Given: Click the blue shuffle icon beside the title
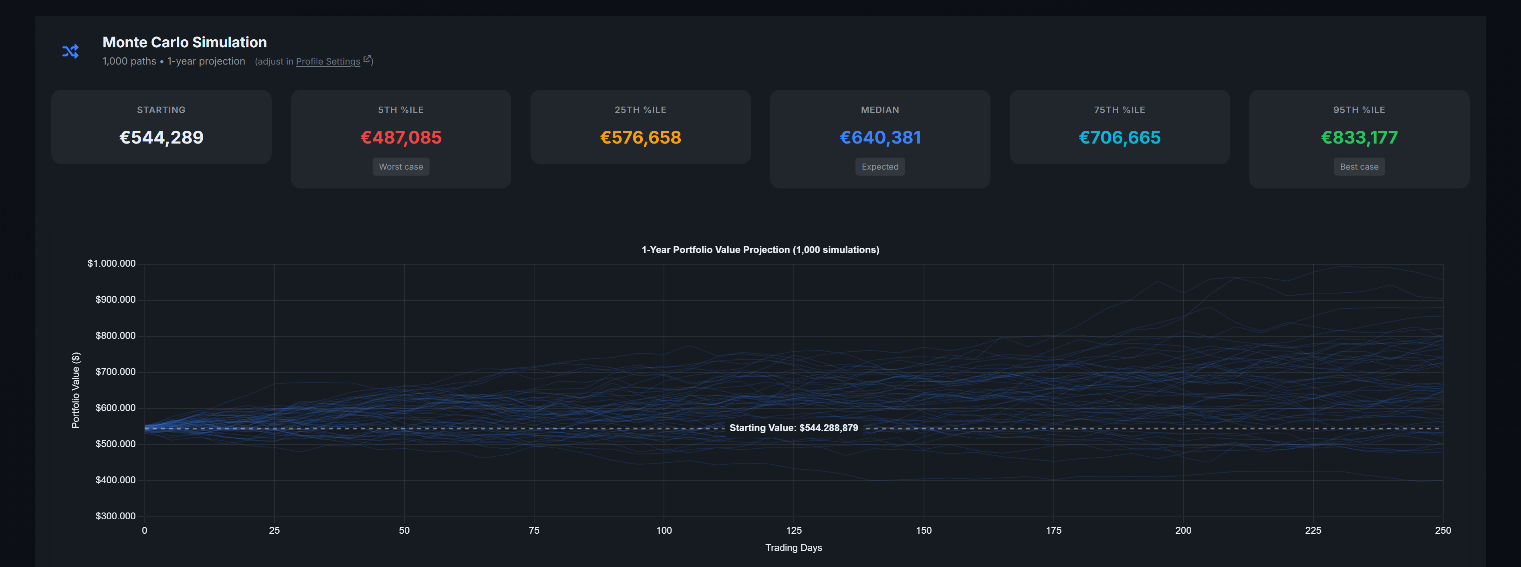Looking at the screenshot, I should (70, 51).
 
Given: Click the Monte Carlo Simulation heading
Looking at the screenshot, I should (184, 43).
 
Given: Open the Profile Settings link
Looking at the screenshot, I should (328, 61).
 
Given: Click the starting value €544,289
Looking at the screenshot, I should (161, 138).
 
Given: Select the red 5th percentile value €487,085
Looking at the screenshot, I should (401, 138).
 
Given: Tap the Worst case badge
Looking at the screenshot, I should (401, 166).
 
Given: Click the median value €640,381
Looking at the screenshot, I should (880, 138).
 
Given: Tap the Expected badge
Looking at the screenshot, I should (880, 166).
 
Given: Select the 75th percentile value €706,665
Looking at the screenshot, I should (1120, 138).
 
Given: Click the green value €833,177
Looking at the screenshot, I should (1359, 138).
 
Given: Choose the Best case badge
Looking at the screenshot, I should (1359, 166).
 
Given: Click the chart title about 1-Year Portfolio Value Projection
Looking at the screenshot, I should (760, 250).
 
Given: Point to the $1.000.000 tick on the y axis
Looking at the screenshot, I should (112, 263).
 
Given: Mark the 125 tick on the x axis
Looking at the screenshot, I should (794, 531).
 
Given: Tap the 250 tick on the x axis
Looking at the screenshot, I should (1442, 531).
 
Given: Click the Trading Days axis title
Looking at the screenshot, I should (794, 547).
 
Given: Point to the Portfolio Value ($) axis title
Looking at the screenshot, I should (76, 390).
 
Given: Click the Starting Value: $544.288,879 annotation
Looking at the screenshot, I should (794, 427).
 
